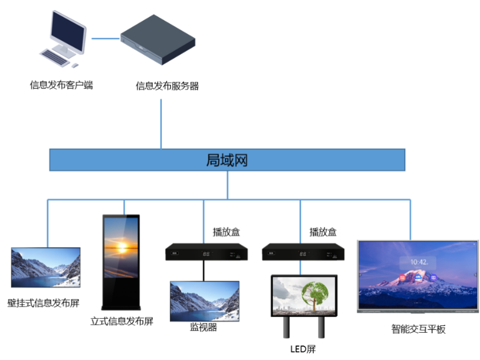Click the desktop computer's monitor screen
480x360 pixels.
click(68, 31)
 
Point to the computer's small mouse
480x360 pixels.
click(74, 65)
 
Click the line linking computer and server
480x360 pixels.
click(105, 39)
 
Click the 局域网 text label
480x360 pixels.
click(227, 160)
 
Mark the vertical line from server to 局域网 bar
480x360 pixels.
click(161, 124)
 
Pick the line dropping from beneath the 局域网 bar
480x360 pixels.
click(227, 185)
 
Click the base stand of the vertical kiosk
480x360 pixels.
click(121, 307)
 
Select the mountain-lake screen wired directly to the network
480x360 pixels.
click(46, 267)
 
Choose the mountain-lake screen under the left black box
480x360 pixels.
click(205, 301)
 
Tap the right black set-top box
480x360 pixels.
click(303, 253)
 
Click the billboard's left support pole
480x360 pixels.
click(286, 328)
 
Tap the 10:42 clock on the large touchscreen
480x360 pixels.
click(419, 262)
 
